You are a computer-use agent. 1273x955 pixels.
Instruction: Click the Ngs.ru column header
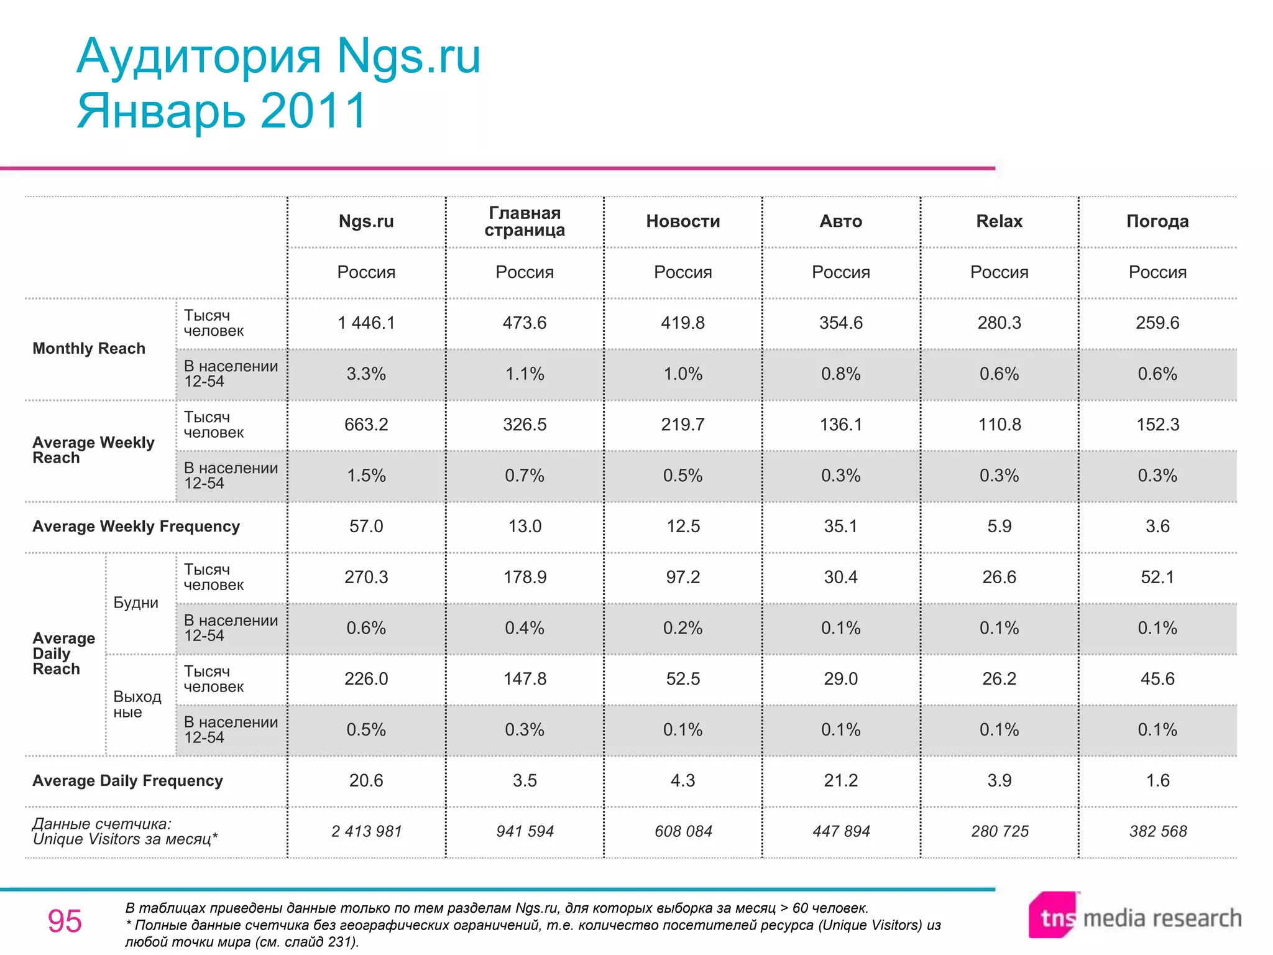point(366,221)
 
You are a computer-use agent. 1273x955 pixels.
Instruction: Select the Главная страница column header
point(525,221)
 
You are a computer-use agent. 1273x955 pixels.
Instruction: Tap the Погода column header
point(1157,221)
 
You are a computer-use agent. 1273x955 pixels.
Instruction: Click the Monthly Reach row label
point(89,348)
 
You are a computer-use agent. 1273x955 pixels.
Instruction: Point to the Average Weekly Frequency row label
point(136,527)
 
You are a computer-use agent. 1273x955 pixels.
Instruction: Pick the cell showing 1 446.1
point(366,323)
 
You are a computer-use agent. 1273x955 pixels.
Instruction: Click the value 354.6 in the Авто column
point(841,323)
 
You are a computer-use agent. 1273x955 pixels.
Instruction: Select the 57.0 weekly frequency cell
point(366,527)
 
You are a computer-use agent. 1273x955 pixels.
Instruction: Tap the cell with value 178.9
point(525,577)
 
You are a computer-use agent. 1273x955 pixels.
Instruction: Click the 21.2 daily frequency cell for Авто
point(841,780)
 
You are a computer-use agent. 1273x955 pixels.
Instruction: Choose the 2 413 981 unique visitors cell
point(366,831)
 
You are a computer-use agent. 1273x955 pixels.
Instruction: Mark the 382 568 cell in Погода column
point(1158,831)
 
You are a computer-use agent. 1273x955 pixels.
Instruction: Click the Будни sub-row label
point(136,603)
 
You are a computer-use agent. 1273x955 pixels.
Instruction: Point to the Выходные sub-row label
point(137,704)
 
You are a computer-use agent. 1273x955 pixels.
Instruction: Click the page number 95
point(65,921)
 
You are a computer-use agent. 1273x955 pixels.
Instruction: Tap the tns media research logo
point(1135,916)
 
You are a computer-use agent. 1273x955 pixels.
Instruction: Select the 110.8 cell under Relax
point(1000,425)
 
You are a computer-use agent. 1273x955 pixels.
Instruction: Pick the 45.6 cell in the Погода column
point(1157,679)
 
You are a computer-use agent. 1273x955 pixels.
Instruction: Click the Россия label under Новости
point(682,272)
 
